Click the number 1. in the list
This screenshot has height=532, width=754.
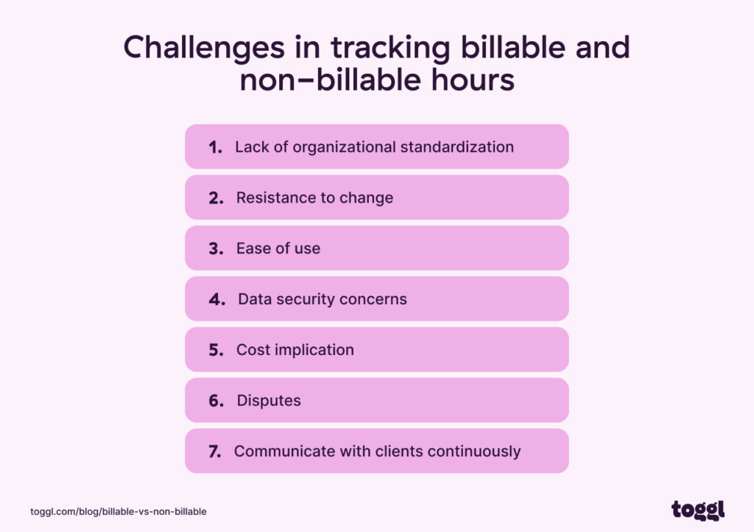[215, 147]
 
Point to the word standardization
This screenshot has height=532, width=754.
[457, 147]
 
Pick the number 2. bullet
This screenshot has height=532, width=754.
[216, 197]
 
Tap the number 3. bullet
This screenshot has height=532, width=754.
[216, 248]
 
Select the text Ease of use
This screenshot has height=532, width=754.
[278, 248]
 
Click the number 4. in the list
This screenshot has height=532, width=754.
[216, 299]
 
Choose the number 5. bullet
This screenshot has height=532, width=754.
[216, 350]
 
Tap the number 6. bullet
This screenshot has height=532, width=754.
[216, 401]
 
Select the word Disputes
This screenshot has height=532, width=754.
[269, 401]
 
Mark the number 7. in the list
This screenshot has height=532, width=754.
[215, 452]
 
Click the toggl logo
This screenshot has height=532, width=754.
[697, 509]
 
